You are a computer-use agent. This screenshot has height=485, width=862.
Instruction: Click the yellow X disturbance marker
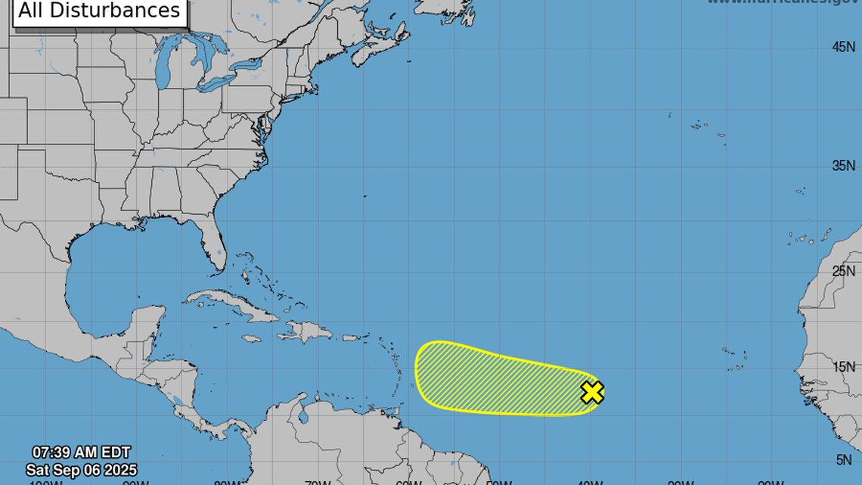click(x=593, y=392)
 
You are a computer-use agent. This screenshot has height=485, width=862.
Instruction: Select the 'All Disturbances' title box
click(x=99, y=11)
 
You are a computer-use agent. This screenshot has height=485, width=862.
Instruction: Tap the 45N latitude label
click(x=843, y=47)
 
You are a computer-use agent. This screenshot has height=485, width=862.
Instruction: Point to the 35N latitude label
click(x=843, y=166)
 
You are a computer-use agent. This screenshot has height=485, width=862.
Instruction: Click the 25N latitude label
click(x=843, y=270)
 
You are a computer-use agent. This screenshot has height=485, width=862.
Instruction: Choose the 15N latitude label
click(x=843, y=366)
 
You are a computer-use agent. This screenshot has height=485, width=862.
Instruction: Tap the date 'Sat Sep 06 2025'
click(x=81, y=471)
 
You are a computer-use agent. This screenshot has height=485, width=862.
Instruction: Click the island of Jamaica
click(x=253, y=340)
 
